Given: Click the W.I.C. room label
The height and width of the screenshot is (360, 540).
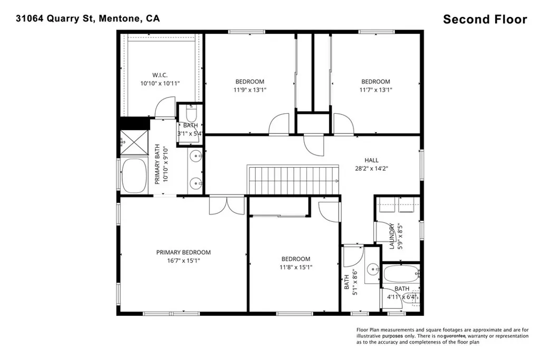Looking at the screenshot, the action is [x=160, y=75].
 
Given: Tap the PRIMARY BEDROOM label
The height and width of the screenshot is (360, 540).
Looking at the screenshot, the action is [x=184, y=252].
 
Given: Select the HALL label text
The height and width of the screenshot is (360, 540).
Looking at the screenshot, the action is [x=372, y=160].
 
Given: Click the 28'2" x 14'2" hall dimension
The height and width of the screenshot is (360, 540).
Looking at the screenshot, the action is [x=372, y=169].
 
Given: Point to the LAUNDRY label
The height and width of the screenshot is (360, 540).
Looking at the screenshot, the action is [x=392, y=236].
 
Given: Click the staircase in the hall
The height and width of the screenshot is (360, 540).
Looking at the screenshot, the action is [x=293, y=180].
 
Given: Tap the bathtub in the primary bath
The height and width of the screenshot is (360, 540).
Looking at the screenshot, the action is [x=134, y=176].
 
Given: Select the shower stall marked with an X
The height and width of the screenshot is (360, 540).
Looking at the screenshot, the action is [x=134, y=142].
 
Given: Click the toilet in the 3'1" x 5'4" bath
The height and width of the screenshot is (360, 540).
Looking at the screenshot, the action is [x=190, y=112].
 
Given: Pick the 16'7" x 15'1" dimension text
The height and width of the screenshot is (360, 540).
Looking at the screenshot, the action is [x=184, y=261].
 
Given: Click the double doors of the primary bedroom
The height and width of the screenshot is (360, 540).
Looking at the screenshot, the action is [x=227, y=205].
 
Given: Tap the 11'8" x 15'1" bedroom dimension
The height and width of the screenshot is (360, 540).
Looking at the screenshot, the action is [x=296, y=267].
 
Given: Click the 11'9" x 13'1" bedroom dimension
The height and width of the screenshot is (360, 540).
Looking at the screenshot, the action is [x=249, y=90].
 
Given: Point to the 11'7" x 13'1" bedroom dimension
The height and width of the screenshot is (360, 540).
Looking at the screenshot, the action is [x=375, y=90].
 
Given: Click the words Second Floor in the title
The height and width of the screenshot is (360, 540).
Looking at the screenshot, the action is [x=485, y=20].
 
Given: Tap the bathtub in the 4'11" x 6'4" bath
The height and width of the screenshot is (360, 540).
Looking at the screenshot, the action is [x=401, y=274].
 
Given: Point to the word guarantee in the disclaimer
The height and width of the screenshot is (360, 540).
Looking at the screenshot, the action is [x=455, y=336].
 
